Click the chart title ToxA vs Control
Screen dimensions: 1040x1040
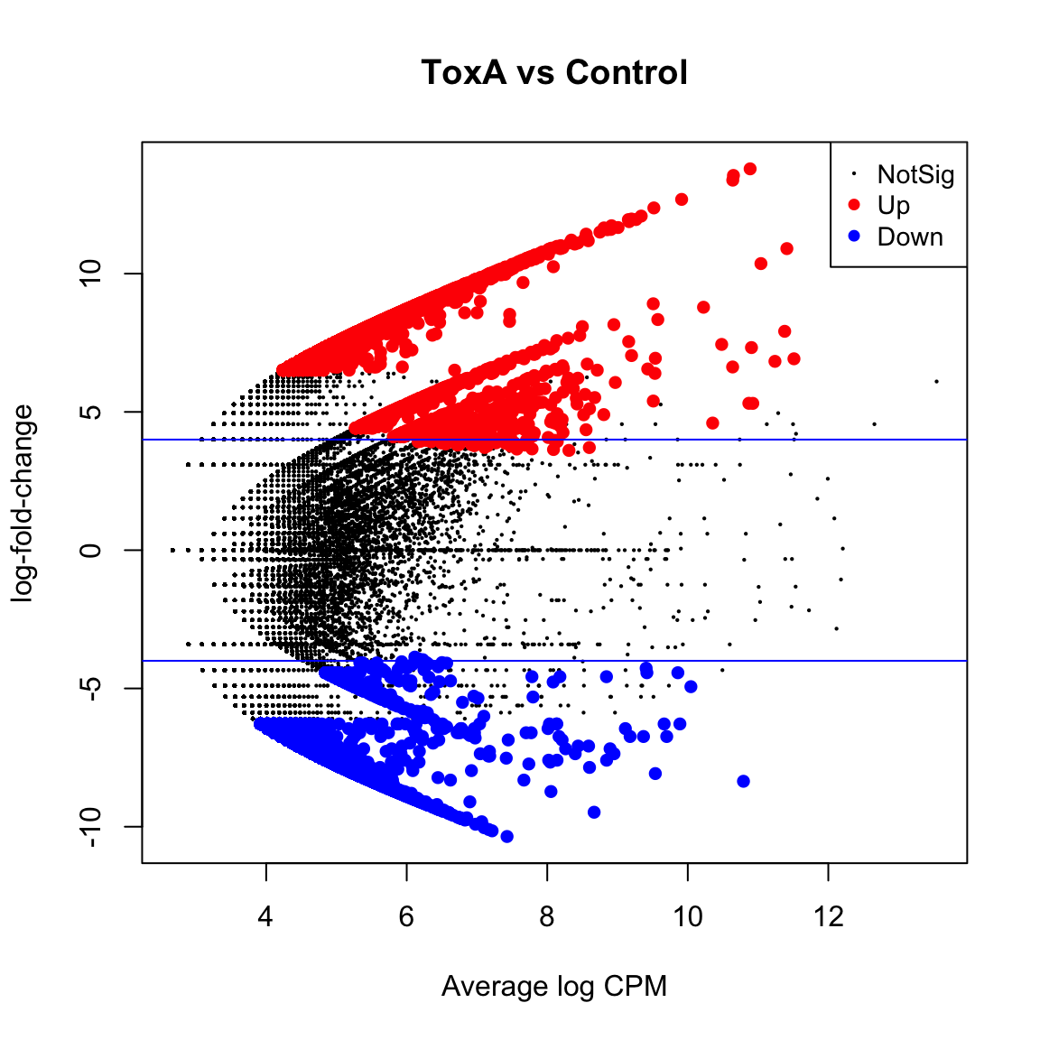pyautogui.click(x=554, y=72)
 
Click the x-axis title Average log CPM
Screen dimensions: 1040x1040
pyautogui.click(x=554, y=987)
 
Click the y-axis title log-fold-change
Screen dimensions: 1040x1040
pyautogui.click(x=23, y=503)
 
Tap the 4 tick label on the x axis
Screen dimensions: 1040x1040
pyautogui.click(x=265, y=917)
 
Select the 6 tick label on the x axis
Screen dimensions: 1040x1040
pyautogui.click(x=406, y=917)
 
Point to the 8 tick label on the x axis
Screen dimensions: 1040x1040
pyautogui.click(x=547, y=917)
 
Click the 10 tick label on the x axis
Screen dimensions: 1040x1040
pyautogui.click(x=688, y=917)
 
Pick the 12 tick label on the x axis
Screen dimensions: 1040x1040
pyautogui.click(x=829, y=917)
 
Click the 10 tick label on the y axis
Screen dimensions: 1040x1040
pyautogui.click(x=92, y=273)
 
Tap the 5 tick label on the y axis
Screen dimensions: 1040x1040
pyautogui.click(x=92, y=412)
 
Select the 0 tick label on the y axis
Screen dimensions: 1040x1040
pyautogui.click(x=92, y=550)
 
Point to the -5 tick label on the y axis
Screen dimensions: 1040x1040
pyautogui.click(x=92, y=688)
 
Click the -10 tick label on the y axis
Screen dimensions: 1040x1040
pyautogui.click(x=92, y=826)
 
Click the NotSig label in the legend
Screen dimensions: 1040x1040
pyautogui.click(x=915, y=174)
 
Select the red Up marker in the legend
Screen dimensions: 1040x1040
pyautogui.click(x=855, y=205)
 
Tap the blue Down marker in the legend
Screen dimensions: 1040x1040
pyautogui.click(x=855, y=237)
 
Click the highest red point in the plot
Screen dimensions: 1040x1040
pyautogui.click(x=749, y=169)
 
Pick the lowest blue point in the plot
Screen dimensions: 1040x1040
pyautogui.click(x=506, y=837)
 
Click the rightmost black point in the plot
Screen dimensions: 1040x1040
pyautogui.click(x=936, y=381)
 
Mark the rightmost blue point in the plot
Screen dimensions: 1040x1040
pyautogui.click(x=743, y=781)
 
